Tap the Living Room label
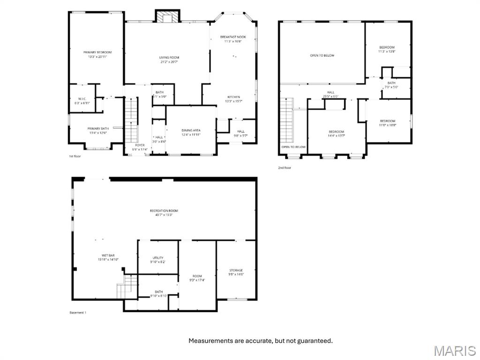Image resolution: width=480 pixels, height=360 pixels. click(x=169, y=60)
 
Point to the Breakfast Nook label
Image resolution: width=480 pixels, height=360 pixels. click(x=233, y=39)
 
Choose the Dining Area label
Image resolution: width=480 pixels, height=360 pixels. click(x=191, y=132)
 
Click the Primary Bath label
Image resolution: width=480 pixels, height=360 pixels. click(x=98, y=130)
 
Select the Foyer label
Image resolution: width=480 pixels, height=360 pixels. click(x=140, y=147)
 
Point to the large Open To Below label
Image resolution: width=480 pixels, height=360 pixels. click(x=322, y=55)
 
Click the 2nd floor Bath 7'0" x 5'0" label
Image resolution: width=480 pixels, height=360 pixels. click(x=391, y=85)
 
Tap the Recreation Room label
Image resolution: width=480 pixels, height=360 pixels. click(x=164, y=213)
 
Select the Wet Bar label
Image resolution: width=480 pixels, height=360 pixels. click(x=108, y=257)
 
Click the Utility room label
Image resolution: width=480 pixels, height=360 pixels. click(x=158, y=260)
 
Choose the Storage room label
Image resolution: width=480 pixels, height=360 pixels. click(x=236, y=272)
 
